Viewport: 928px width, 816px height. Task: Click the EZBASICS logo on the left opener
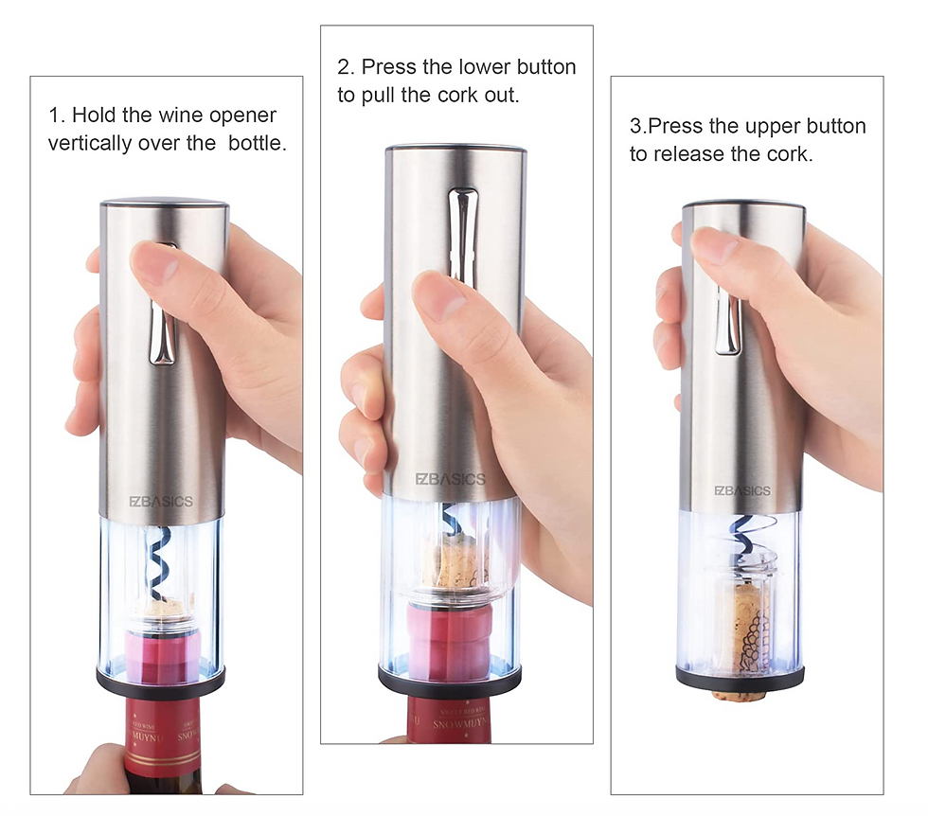161,501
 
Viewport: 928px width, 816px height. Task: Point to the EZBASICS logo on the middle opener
451,479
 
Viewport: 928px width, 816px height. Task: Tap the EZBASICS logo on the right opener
742,491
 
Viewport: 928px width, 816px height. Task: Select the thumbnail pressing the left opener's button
154,262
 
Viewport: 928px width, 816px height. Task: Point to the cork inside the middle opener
456,564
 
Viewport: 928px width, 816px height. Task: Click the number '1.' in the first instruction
57,116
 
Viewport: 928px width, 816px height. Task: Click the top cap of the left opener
164,203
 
